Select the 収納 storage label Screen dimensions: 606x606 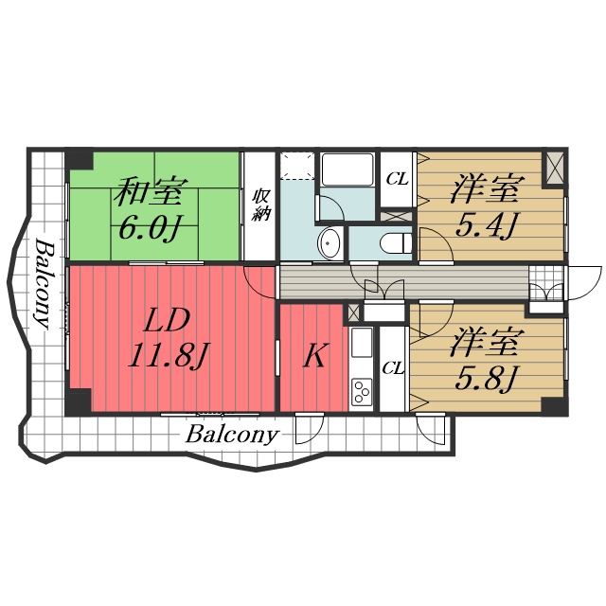click(261, 205)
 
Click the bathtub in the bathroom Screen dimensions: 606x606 click(348, 170)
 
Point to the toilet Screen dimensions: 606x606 click(396, 242)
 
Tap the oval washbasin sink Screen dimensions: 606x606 click(330, 243)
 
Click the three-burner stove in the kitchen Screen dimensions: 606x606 click(362, 391)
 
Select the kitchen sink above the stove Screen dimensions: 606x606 click(362, 344)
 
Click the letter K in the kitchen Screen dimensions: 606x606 click(313, 355)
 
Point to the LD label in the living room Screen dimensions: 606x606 click(167, 320)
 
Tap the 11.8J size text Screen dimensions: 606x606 click(167, 356)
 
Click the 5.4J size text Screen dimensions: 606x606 click(486, 225)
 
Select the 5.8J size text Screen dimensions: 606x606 click(486, 378)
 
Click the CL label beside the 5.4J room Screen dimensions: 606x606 click(398, 179)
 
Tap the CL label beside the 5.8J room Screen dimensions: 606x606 click(394, 368)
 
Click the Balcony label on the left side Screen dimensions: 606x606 click(43, 284)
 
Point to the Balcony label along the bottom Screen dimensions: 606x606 click(231, 436)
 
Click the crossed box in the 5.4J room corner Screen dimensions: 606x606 click(556, 168)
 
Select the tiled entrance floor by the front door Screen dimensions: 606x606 click(546, 282)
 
